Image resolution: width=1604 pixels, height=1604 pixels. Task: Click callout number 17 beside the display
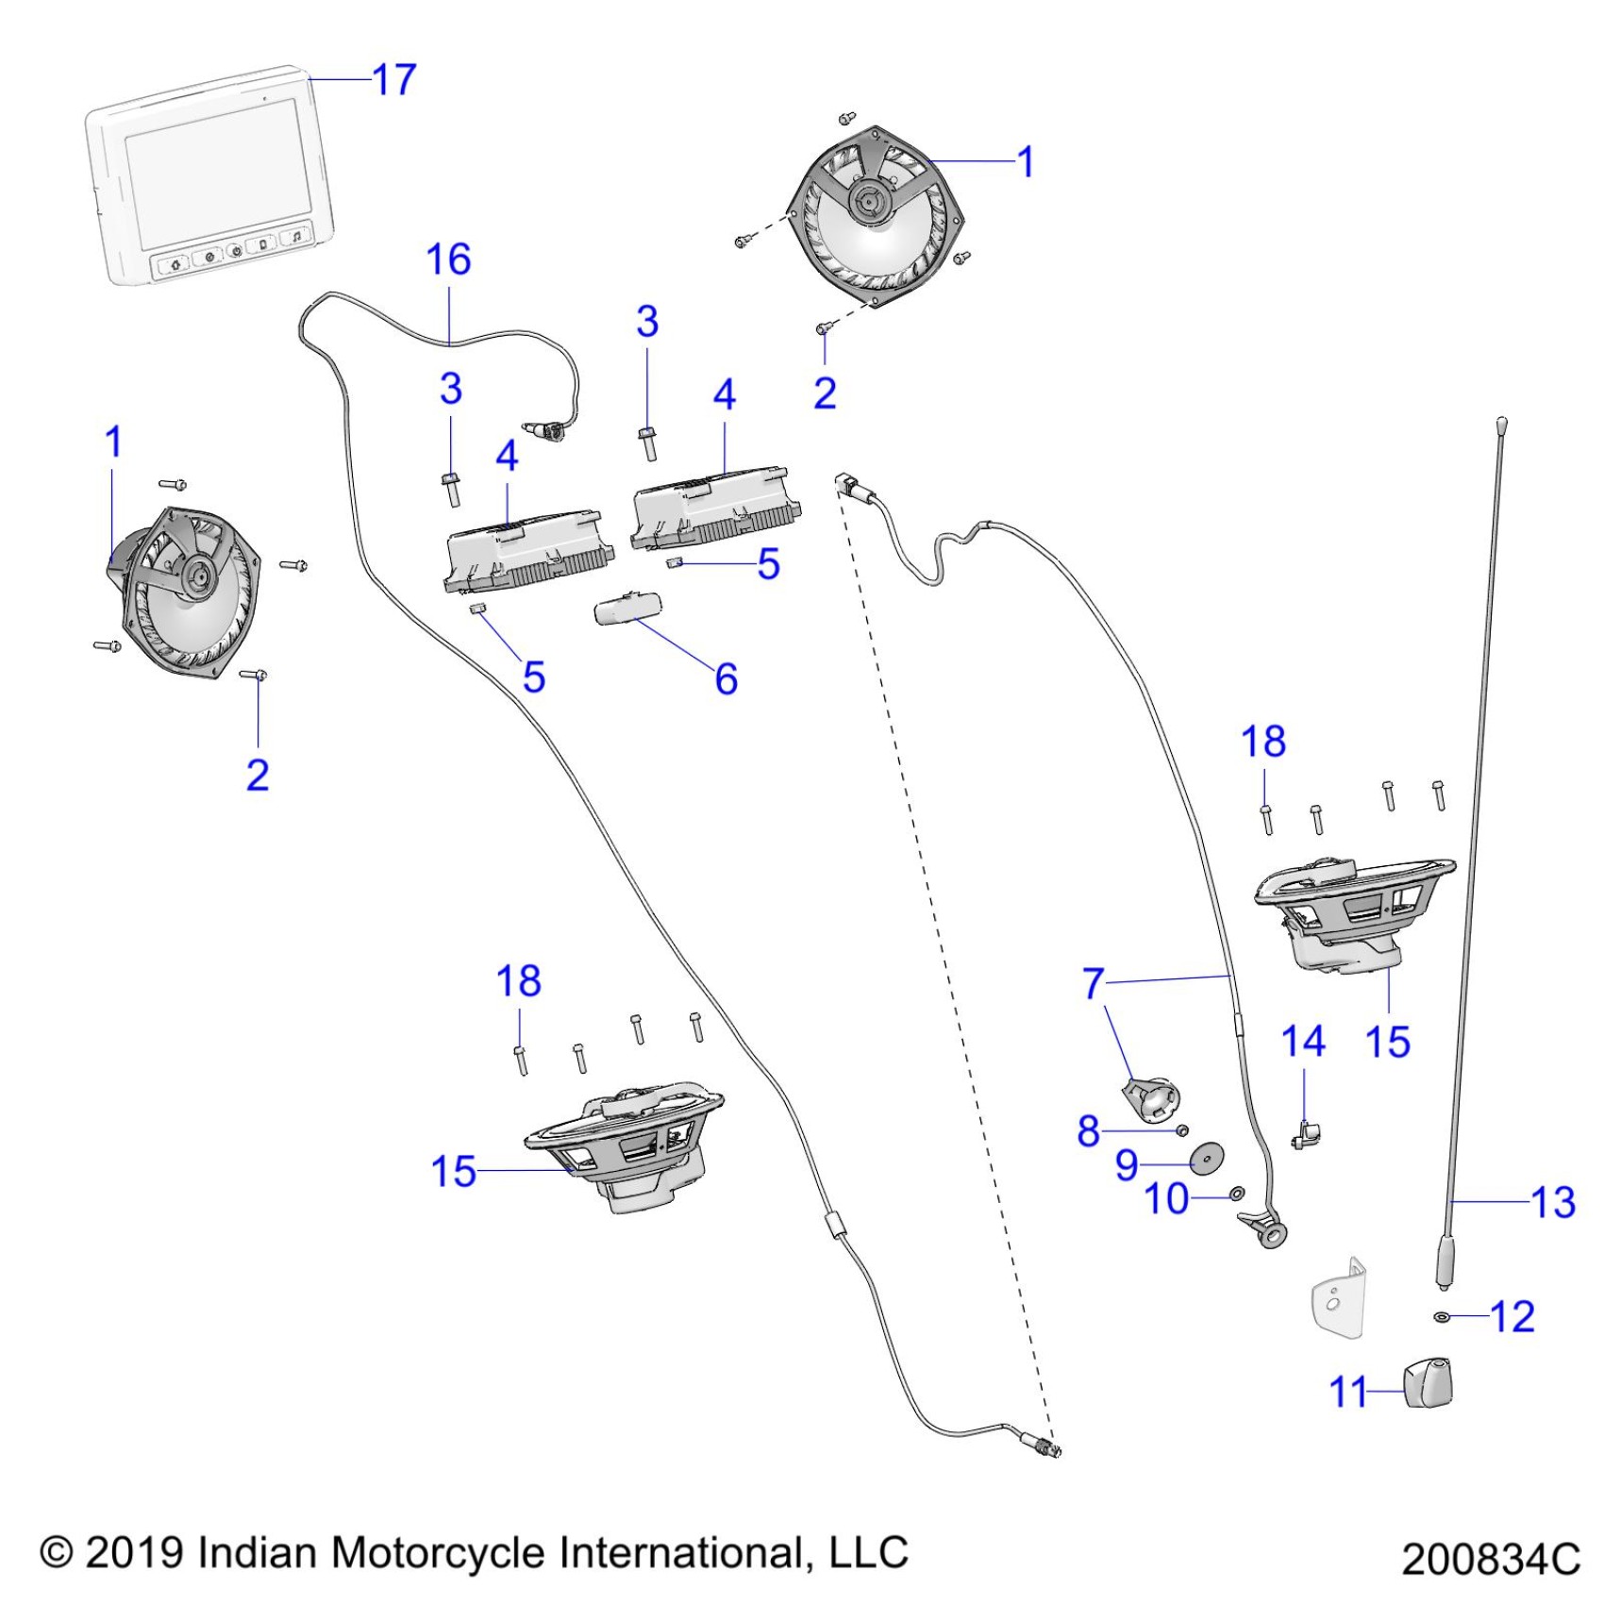pos(394,80)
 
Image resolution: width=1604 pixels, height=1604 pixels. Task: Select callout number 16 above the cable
pos(448,260)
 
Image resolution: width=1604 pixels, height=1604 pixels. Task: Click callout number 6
pos(726,679)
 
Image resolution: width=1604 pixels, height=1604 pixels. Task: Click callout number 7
pos(1093,983)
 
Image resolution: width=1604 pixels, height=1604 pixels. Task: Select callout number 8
pos(1089,1129)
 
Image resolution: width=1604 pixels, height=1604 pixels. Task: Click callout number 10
pos(1167,1199)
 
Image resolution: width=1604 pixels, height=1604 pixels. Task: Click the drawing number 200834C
pos(1490,1559)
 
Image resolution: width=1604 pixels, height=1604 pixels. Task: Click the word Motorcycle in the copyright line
pos(439,1552)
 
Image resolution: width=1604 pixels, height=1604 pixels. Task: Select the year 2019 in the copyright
pos(134,1552)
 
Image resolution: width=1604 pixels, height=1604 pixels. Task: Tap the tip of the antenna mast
pos(1501,422)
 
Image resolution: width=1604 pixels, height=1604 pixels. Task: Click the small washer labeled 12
pos(1442,1316)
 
